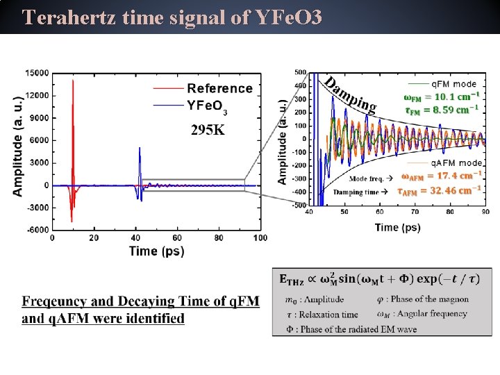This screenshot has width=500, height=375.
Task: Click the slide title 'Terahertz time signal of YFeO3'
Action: click(x=172, y=17)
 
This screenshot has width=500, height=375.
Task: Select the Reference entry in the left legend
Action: click(x=219, y=88)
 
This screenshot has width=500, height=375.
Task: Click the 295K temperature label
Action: click(x=208, y=130)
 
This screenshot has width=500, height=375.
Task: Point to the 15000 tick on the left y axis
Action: click(x=36, y=73)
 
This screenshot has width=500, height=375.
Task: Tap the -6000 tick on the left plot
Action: click(x=36, y=229)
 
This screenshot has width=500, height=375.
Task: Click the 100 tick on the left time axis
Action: click(x=260, y=238)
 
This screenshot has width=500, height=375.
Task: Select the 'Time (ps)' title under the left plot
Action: click(x=156, y=251)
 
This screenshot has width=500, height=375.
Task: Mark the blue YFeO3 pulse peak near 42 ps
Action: click(x=140, y=149)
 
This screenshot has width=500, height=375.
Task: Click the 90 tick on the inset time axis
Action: click(x=485, y=212)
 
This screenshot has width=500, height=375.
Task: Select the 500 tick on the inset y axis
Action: click(x=300, y=72)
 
